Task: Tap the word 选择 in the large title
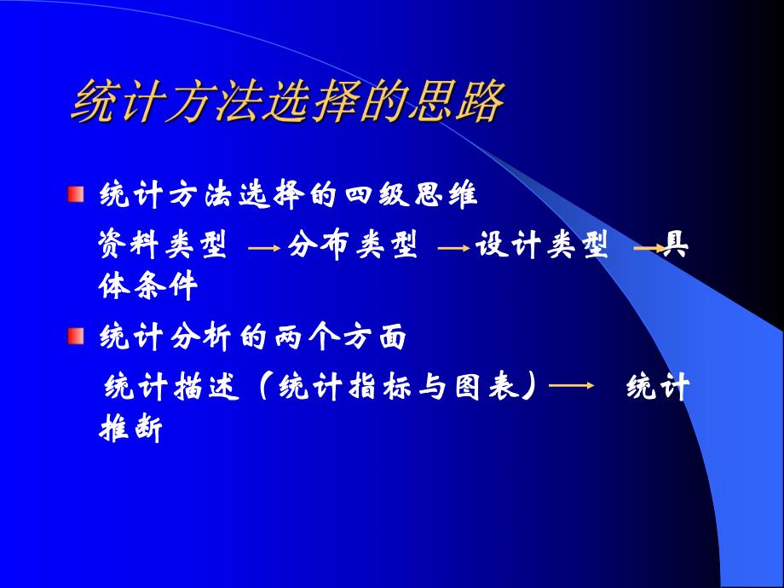(308, 103)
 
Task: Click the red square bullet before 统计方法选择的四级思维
(77, 194)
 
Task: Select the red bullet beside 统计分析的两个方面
(77, 335)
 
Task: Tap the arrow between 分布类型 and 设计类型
(453, 249)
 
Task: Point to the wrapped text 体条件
(149, 287)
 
